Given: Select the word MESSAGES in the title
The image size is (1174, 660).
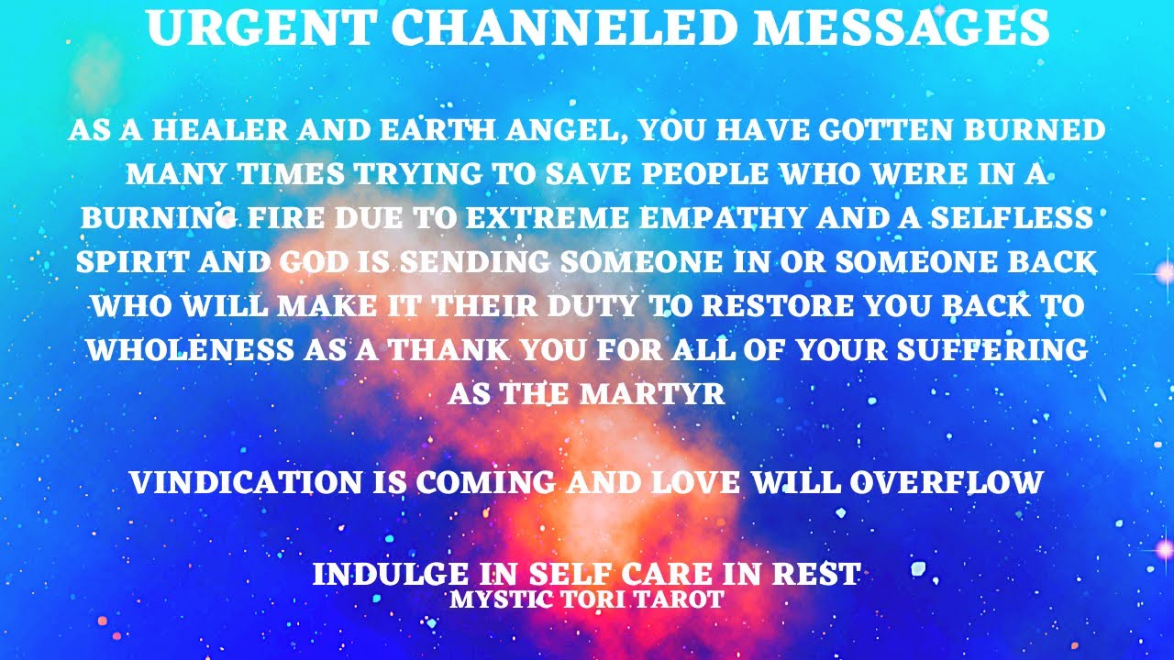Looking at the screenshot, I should tap(901, 28).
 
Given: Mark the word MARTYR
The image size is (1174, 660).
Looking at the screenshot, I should tap(653, 394).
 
